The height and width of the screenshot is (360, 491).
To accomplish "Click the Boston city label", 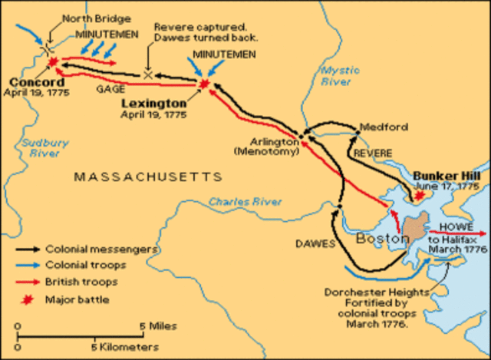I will tap(382, 239).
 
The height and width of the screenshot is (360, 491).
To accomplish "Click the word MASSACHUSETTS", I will tap(147, 177).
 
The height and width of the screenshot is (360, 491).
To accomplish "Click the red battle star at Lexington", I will tap(203, 83).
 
